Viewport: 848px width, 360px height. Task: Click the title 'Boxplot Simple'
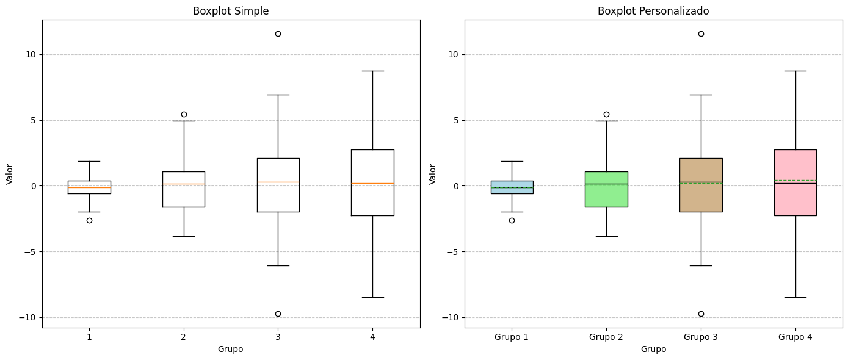231,11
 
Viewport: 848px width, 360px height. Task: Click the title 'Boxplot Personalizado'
653,11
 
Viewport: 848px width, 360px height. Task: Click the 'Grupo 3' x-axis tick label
701,337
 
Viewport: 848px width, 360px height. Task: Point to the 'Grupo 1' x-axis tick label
512,337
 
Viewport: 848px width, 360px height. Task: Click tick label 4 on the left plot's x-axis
372,337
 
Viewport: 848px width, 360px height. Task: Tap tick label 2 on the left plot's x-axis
183,337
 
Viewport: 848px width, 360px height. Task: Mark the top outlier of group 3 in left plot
278,34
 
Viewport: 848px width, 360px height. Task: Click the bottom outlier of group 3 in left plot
278,314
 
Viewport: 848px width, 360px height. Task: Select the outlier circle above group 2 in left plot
184,114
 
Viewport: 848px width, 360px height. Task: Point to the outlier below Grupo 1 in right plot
512,220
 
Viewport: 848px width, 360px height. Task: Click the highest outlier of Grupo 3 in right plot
701,34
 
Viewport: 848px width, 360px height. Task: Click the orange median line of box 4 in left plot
372,183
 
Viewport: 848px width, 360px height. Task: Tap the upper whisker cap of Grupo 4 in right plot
795,71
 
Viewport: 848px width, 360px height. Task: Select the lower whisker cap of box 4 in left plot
372,297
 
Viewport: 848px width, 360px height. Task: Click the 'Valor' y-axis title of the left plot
10,174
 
